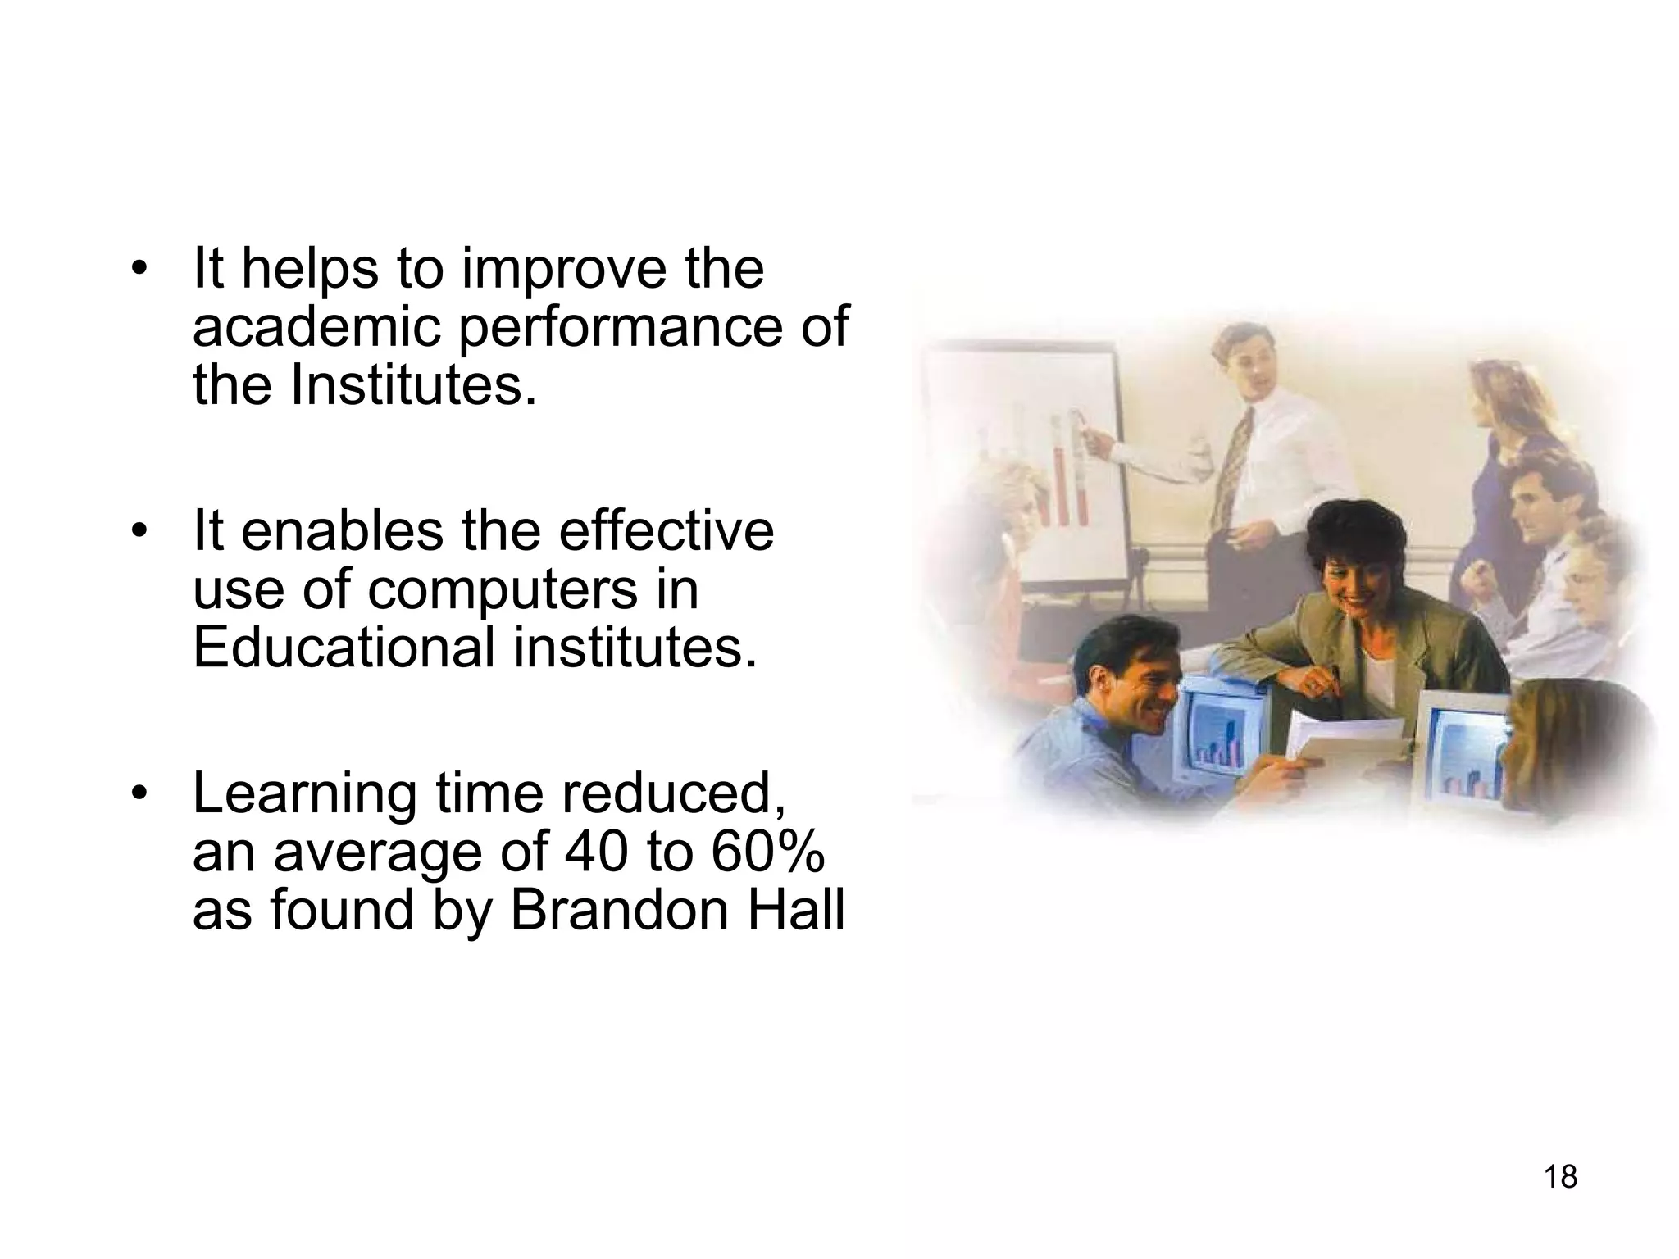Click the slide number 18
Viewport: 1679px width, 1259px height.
click(x=1560, y=1177)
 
